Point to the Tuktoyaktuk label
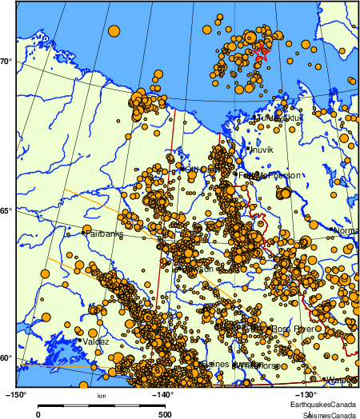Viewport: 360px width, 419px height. point(280,118)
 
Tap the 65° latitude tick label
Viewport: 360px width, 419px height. point(6,211)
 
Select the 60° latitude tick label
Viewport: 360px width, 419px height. point(6,357)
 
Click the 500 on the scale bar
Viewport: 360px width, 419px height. point(163,414)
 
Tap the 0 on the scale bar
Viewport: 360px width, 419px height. point(38,414)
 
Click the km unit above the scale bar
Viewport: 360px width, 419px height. point(101,397)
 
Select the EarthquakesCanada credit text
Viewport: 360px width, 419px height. point(323,405)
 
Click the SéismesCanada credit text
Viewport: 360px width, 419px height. point(327,415)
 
